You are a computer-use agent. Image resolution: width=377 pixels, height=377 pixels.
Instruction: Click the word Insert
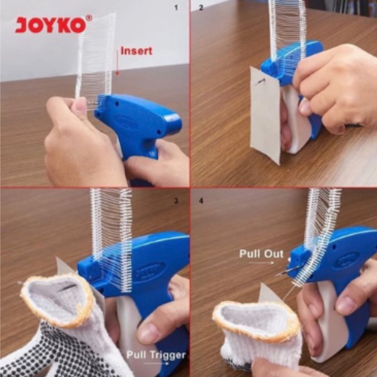click(136, 51)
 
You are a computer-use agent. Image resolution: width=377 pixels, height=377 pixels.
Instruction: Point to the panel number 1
click(176, 8)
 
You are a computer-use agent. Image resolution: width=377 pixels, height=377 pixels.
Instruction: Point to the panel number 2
click(201, 8)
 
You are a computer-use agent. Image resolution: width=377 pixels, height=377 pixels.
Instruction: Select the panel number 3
click(176, 201)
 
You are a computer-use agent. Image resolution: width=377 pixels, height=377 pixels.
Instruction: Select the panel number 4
click(201, 201)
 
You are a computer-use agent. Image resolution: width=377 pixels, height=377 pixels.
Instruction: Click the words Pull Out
click(261, 254)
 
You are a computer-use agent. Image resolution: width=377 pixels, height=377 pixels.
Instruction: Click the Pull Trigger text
click(156, 355)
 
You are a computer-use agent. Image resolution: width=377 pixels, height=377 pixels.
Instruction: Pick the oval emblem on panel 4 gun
click(348, 260)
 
